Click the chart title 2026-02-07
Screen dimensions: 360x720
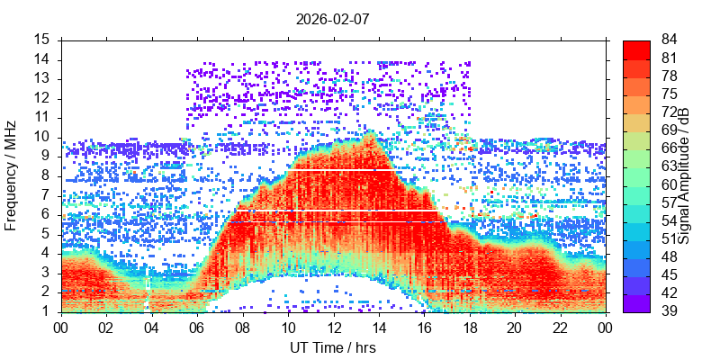[332, 17]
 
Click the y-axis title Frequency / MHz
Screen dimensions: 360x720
[12, 176]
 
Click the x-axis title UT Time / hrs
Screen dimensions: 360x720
[332, 347]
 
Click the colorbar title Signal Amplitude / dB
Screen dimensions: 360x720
[684, 176]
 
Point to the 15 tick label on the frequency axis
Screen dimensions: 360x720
[42, 40]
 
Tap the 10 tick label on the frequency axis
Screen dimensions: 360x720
[42, 137]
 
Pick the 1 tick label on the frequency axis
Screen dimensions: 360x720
[46, 311]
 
